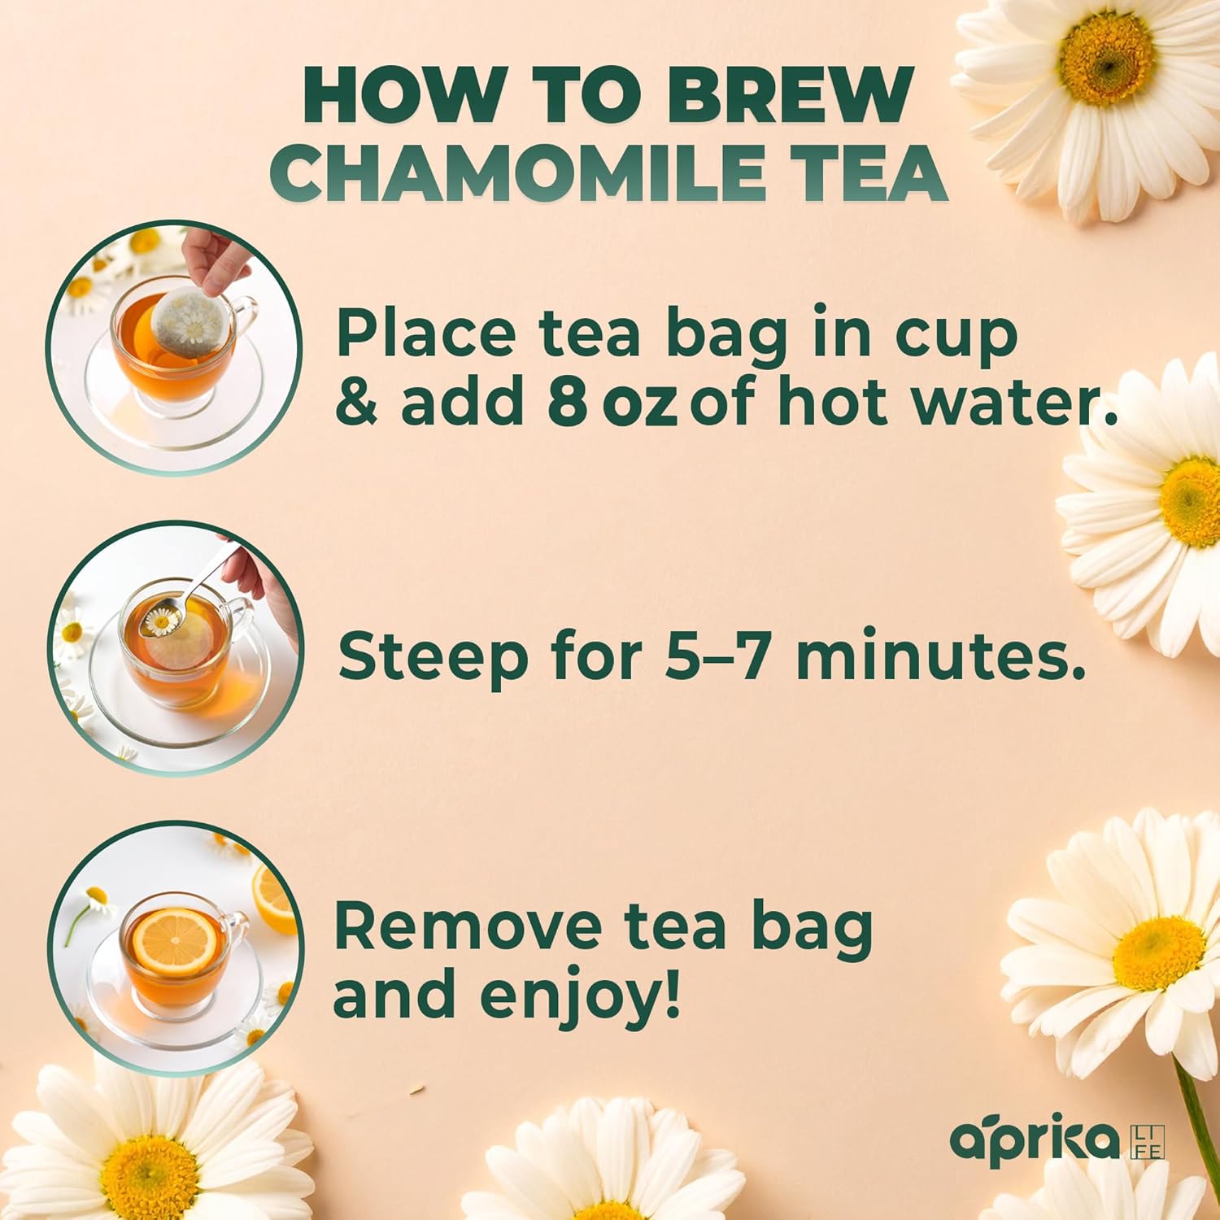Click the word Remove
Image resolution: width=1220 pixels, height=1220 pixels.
471,926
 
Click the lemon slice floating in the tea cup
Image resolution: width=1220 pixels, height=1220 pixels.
174,943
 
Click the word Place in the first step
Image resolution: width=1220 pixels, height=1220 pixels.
425,333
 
